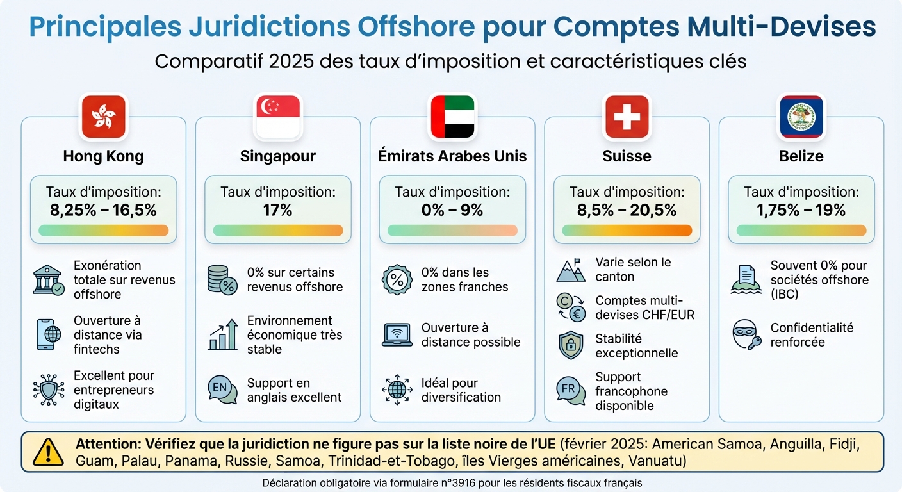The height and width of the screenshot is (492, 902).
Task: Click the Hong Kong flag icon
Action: (103, 117)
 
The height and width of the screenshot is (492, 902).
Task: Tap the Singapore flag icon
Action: (277, 117)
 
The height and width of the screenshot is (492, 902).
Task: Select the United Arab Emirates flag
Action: (452, 117)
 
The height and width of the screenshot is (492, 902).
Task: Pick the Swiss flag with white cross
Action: (627, 117)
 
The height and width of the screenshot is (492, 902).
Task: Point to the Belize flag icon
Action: (801, 117)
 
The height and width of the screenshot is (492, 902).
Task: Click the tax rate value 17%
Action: (277, 209)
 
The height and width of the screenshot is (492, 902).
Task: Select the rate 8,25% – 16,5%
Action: (103, 209)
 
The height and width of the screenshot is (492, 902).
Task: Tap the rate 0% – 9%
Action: (452, 209)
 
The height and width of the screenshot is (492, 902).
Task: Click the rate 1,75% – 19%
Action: (801, 209)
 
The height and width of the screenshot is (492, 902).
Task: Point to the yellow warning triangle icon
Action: (48, 452)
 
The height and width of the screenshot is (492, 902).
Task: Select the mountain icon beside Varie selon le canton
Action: (570, 270)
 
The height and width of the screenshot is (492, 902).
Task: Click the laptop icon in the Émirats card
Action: (397, 334)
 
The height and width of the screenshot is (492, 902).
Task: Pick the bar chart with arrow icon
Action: (222, 334)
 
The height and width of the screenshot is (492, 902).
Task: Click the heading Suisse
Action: (627, 156)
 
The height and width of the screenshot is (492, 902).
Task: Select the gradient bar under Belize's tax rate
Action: (801, 231)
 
